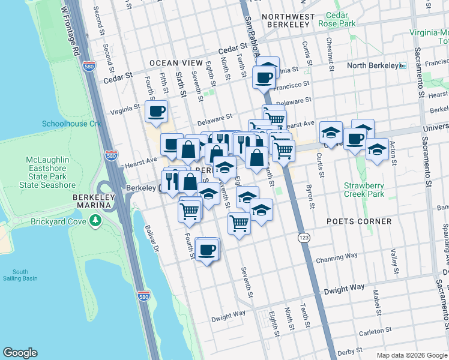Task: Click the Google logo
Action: coord(20,352)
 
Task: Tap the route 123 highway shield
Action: coord(304,238)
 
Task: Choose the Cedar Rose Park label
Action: coord(340,19)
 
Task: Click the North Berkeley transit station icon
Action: coord(403,65)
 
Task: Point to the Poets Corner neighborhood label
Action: coord(359,221)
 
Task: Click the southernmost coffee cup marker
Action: coord(207,249)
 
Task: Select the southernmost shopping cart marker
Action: coord(239,223)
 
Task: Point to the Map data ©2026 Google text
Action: coord(411,355)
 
